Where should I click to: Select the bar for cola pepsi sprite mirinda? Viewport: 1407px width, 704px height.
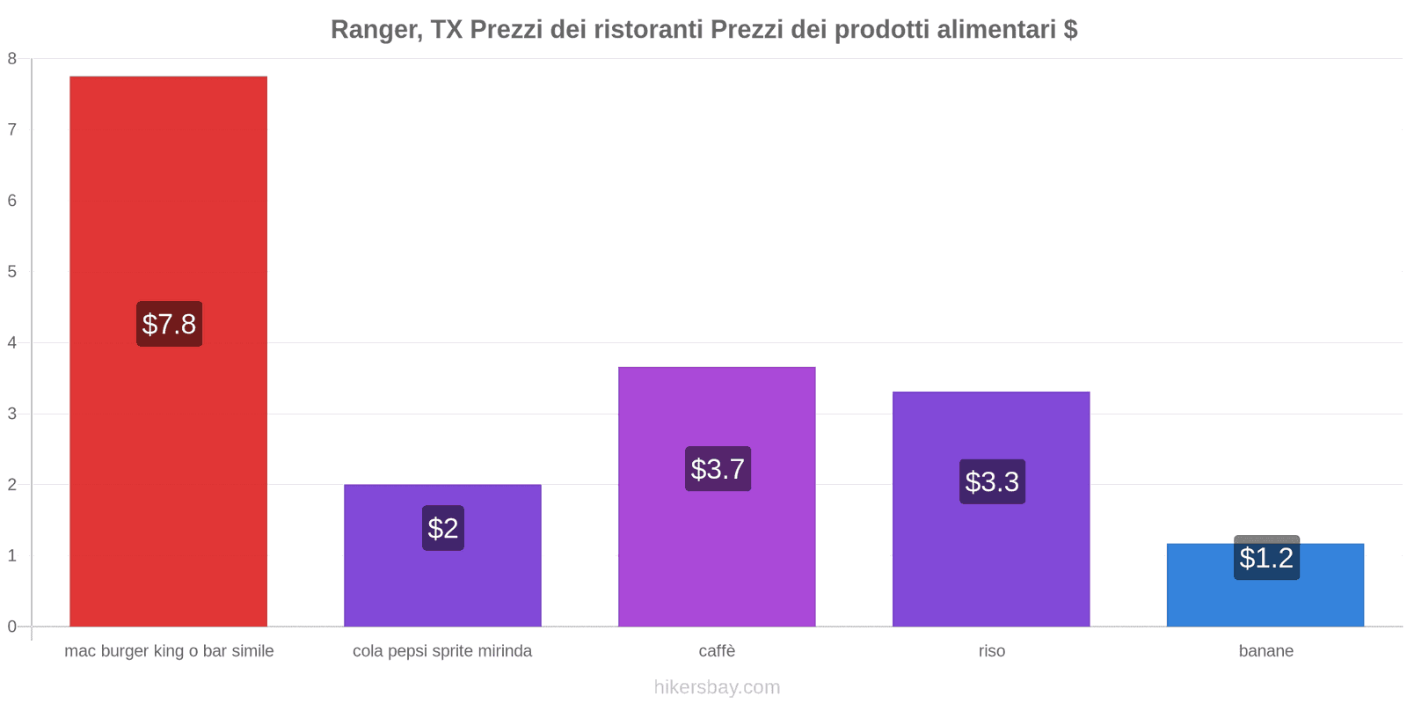[442, 581]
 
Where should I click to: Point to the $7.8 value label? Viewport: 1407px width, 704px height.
[169, 324]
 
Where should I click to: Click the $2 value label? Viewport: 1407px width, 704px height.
[442, 528]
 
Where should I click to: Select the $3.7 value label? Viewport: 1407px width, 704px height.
[718, 469]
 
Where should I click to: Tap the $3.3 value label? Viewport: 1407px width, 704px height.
[992, 481]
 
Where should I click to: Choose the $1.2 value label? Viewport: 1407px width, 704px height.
[1266, 558]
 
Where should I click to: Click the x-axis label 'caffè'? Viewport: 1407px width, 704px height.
[717, 651]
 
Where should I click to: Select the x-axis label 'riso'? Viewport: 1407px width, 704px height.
[992, 651]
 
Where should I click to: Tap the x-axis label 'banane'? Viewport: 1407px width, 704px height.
[1265, 651]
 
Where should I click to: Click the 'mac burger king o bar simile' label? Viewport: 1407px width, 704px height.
[169, 651]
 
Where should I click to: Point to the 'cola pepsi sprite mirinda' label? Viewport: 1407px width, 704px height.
[442, 651]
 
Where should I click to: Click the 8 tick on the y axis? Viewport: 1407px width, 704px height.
[12, 59]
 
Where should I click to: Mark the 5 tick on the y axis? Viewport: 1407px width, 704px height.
[12, 272]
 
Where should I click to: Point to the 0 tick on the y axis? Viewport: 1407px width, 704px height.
[12, 627]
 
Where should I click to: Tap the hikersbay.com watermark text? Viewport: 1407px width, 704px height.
[717, 687]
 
